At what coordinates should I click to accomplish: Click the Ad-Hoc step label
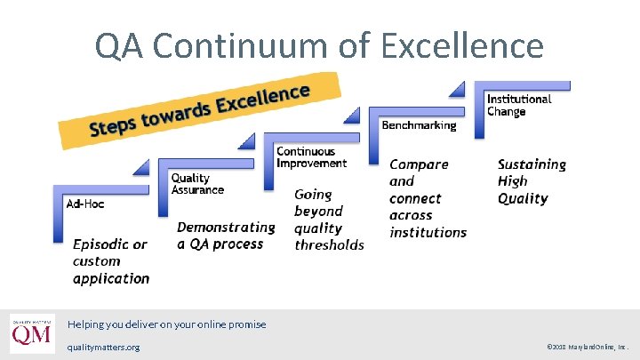coord(85,204)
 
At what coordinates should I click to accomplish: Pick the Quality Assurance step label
coord(197,184)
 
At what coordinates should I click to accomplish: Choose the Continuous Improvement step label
coord(311,157)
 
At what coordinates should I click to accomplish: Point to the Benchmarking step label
coord(419,125)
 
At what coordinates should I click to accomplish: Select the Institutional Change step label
coord(519,105)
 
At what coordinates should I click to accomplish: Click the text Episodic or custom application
coord(111,261)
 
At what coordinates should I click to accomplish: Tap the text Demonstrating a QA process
coord(226,236)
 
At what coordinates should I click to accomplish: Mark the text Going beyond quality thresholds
coord(329,220)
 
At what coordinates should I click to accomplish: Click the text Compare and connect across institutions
coord(428,198)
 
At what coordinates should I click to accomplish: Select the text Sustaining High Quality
coord(532,181)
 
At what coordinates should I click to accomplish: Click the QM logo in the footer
coord(32,334)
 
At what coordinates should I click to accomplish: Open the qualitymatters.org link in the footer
coord(103,347)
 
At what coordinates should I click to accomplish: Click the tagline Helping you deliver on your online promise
coord(166,324)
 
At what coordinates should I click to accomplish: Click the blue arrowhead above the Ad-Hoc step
coord(140,165)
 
